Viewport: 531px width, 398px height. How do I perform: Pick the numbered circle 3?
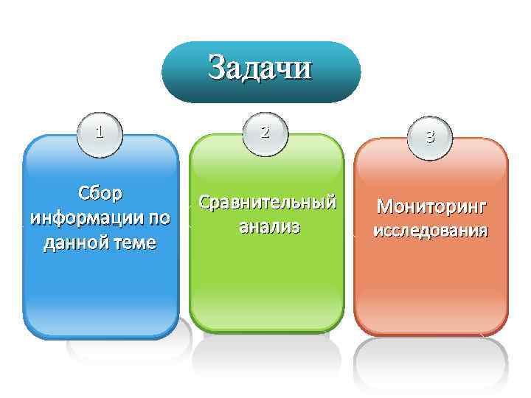click(430, 137)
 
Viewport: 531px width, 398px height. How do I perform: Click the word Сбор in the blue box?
click(100, 195)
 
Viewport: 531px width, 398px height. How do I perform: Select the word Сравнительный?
click(267, 202)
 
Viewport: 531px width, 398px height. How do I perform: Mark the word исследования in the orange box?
click(431, 231)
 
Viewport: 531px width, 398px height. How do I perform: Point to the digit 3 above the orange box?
click(430, 137)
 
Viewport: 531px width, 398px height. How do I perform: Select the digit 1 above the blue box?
click(99, 133)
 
